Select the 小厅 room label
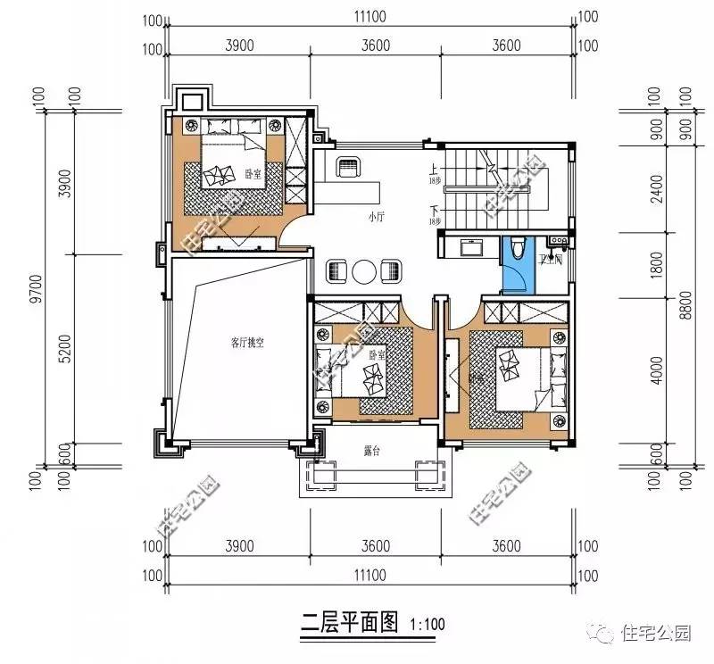pos(376,217)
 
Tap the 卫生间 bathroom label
pos(551,261)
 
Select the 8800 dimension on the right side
pos(685,304)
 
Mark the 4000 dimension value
pos(658,375)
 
